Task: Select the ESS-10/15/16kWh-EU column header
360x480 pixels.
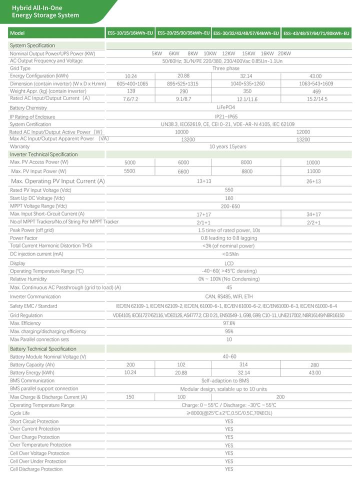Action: pyautogui.click(x=130, y=33)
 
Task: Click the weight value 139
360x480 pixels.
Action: pyautogui.click(x=131, y=91)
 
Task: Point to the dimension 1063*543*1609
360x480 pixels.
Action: pyautogui.click(x=316, y=84)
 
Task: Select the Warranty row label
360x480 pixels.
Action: pyautogui.click(x=20, y=147)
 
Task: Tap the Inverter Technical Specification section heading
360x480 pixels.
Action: pyautogui.click(x=44, y=154)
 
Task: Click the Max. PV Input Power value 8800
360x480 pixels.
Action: pyautogui.click(x=246, y=171)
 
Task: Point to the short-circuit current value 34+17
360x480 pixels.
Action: pyautogui.click(x=313, y=214)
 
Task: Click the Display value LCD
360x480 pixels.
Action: pyautogui.click(x=229, y=263)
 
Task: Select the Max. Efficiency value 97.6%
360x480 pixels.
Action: pyautogui.click(x=229, y=323)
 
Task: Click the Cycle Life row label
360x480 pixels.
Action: pyautogui.click(x=20, y=413)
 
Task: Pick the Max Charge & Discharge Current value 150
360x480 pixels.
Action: pyautogui.click(x=130, y=397)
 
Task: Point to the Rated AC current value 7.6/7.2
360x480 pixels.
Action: pyautogui.click(x=131, y=99)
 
